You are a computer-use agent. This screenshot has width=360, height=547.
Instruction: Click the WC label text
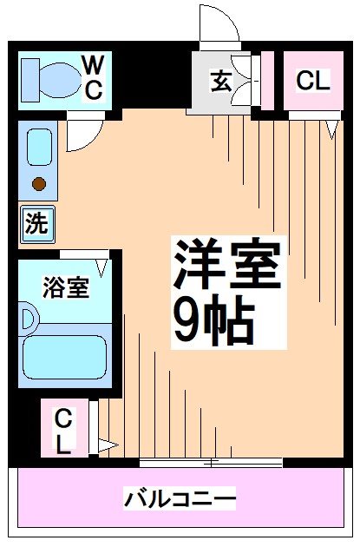pyautogui.click(x=94, y=76)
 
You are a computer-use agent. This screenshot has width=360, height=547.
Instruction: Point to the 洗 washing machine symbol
pyautogui.click(x=36, y=224)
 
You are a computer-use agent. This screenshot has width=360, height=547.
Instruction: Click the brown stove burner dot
pyautogui.click(x=38, y=182)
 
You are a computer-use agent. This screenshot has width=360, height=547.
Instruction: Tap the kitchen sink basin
pyautogui.click(x=38, y=147)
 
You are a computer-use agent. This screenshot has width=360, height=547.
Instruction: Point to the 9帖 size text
pyautogui.click(x=213, y=320)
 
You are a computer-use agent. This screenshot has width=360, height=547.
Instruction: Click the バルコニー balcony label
pyautogui.click(x=180, y=499)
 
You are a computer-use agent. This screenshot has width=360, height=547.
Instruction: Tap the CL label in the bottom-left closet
pyautogui.click(x=63, y=431)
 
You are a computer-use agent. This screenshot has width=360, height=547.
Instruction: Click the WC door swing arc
pyautogui.click(x=83, y=135)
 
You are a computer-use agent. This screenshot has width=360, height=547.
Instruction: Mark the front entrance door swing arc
pyautogui.click(x=219, y=26)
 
